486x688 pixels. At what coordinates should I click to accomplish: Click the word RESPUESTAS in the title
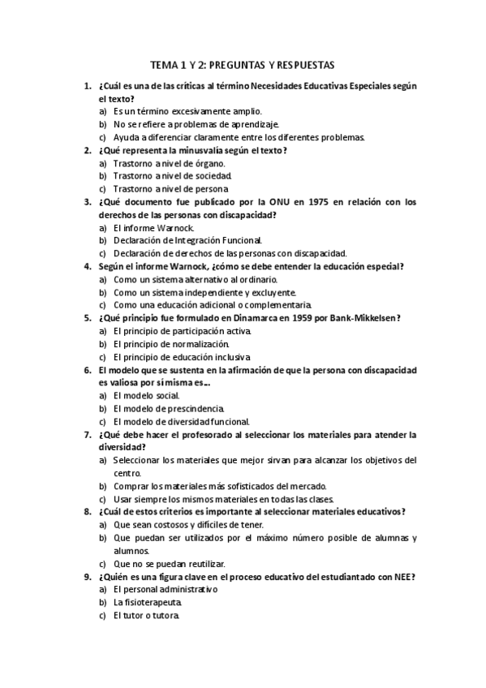point(301,65)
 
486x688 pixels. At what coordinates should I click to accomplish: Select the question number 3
point(88,202)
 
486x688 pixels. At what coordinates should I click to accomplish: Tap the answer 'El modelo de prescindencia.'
point(169,408)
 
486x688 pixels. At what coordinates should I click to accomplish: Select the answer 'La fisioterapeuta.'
point(148,603)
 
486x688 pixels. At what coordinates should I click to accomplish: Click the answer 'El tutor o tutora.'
point(146,616)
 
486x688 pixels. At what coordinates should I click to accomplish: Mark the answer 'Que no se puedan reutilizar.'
point(170,564)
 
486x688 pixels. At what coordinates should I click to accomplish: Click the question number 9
point(88,577)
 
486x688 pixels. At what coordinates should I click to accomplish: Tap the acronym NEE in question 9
point(403,577)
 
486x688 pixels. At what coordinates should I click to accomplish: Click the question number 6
point(88,370)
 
